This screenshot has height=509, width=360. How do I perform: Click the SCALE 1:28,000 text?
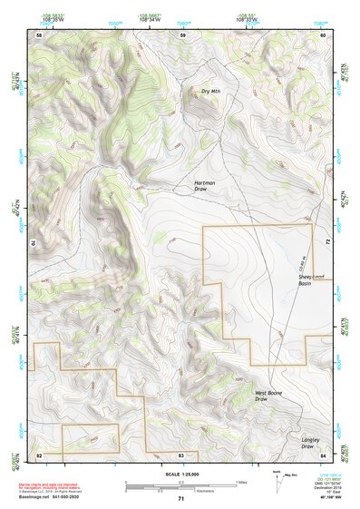point(180,475)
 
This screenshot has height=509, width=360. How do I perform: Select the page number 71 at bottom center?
point(180,500)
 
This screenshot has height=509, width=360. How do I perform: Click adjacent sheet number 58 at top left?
point(39,34)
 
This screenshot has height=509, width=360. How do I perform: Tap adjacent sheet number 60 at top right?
point(323,34)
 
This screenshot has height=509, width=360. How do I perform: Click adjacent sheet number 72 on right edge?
point(326,243)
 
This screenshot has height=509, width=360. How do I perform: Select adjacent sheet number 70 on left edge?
point(36,243)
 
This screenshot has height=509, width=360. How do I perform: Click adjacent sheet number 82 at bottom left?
point(39,454)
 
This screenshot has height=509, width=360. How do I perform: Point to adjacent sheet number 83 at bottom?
point(181,454)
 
